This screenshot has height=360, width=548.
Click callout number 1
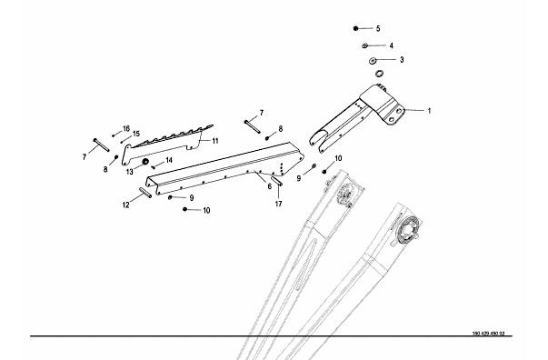tap(429, 111)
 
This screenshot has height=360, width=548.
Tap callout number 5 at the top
tap(378, 29)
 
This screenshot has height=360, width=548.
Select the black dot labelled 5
tap(355, 28)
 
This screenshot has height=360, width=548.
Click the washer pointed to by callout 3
tap(373, 61)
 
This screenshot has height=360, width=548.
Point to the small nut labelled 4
tap(364, 45)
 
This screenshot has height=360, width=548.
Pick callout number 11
tap(215, 141)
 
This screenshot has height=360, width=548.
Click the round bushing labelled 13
tap(145, 162)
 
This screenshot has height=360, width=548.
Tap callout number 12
tap(125, 205)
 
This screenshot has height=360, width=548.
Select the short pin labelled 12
tap(145, 193)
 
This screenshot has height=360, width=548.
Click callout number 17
tap(278, 204)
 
